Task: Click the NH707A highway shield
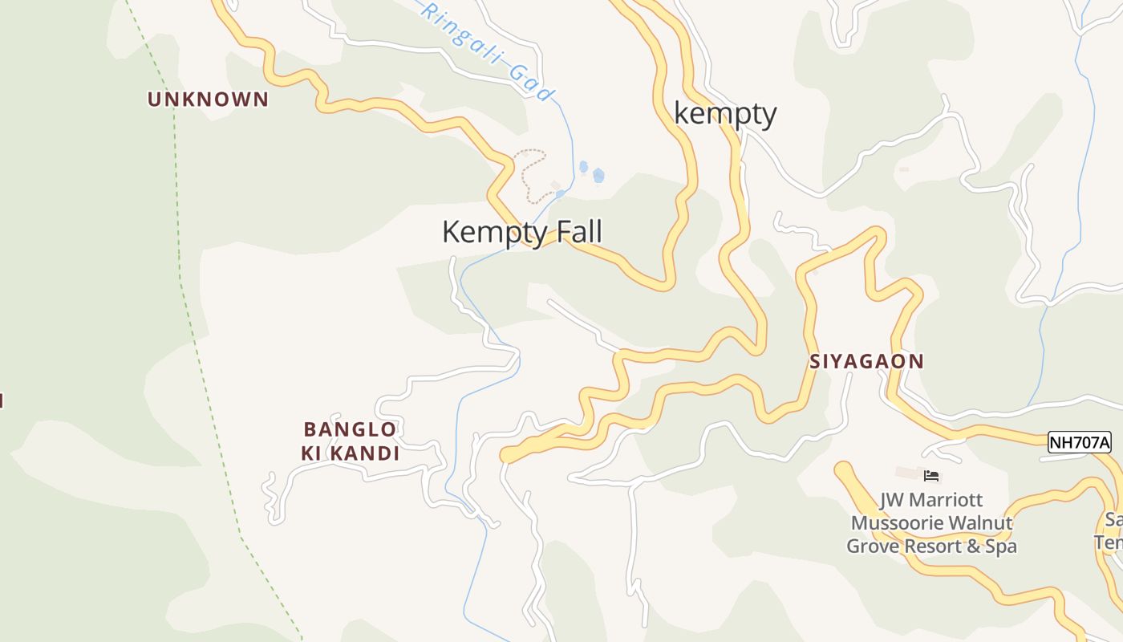[1080, 442]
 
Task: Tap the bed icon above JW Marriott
[931, 476]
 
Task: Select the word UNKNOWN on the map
[208, 100]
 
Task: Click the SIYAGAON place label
[866, 361]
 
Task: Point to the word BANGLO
[350, 429]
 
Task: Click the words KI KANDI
[350, 453]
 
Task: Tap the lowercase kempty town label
[725, 114]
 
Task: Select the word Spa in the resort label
[1000, 547]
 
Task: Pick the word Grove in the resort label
[873, 547]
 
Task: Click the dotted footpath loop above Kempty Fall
[529, 173]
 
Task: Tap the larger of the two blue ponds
[598, 175]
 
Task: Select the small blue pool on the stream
[560, 193]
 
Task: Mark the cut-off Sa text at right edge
[1113, 520]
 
